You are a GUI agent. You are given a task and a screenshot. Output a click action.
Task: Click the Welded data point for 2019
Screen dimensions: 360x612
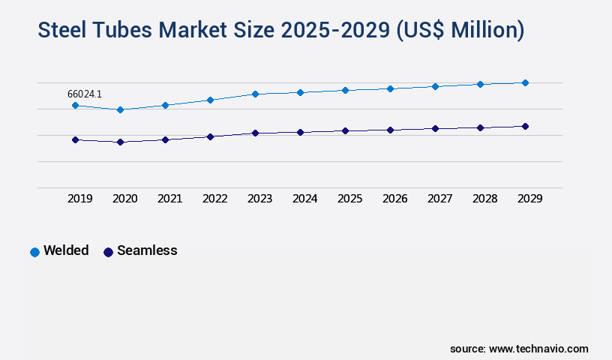coord(75,106)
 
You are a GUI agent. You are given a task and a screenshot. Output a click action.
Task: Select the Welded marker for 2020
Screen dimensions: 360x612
coord(120,109)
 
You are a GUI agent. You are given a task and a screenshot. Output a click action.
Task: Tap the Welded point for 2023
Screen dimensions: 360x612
coord(255,94)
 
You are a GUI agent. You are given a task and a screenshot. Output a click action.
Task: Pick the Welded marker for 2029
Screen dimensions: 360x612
coord(525,82)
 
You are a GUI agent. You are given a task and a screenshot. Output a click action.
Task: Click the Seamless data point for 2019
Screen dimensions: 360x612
coord(75,139)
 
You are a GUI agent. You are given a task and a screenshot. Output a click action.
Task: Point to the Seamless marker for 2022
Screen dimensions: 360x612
coord(210,136)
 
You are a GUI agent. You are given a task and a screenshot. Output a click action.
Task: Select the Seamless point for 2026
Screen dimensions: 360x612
coord(390,130)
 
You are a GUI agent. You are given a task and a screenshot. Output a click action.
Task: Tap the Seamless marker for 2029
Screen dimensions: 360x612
coord(525,126)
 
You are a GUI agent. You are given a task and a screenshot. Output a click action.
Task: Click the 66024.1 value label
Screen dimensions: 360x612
coord(85,94)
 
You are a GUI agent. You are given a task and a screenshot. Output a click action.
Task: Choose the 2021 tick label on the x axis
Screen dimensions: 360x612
coord(169,199)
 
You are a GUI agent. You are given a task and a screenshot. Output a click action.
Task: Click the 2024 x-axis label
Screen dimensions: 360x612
coord(304,199)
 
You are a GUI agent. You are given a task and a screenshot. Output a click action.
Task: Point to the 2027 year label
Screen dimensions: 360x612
coord(439,199)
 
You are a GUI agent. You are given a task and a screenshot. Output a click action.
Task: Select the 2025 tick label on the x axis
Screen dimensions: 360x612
coord(349,199)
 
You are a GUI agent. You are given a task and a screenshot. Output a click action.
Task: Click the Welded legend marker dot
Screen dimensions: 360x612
coord(34,252)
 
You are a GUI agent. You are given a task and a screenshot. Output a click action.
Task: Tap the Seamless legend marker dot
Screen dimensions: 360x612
coord(108,252)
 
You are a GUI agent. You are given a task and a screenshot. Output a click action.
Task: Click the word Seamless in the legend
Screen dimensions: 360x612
coord(147,250)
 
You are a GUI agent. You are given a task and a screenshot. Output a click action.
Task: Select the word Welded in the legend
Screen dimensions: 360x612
coord(66,250)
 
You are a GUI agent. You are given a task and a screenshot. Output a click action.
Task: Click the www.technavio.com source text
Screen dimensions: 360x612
coord(538,349)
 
